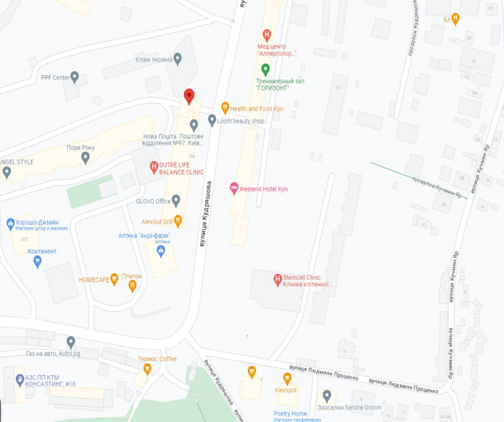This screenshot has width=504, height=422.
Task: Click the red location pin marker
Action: (x=189, y=96)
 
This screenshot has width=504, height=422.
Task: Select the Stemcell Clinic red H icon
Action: (x=277, y=278)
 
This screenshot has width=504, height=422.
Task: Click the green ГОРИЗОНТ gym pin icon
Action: (x=265, y=69)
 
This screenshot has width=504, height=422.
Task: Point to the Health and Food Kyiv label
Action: (x=251, y=108)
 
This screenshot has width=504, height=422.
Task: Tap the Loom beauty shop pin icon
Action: (x=212, y=120)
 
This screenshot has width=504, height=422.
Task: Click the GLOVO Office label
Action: (x=153, y=202)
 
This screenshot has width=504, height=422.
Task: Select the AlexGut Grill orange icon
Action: (x=177, y=221)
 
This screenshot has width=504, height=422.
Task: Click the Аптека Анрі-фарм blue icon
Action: (x=161, y=251)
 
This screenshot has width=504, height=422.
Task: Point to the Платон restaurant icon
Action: (x=132, y=285)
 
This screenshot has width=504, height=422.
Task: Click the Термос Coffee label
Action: (x=157, y=359)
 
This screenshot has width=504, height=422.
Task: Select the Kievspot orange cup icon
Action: (x=287, y=378)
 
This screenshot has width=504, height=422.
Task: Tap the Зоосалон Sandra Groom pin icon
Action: (x=327, y=396)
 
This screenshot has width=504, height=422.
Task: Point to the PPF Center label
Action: (x=55, y=78)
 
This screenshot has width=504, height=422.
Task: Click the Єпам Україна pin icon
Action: (x=177, y=59)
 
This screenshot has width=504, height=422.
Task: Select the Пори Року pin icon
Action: (x=86, y=158)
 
